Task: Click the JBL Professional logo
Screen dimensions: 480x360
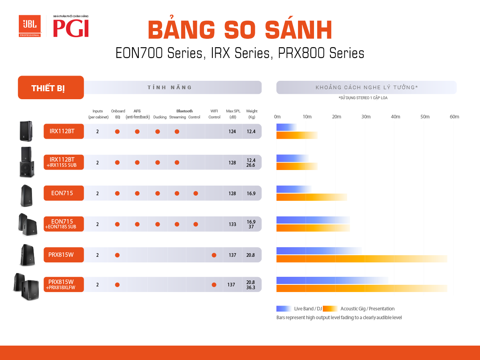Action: (30, 26)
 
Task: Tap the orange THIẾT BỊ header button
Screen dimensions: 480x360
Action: (51, 88)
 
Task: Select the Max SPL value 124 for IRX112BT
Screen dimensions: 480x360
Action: (232, 131)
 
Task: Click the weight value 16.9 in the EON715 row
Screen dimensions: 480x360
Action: (251, 194)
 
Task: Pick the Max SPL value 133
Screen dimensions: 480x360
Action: (232, 224)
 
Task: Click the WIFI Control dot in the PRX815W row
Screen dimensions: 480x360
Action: (214, 255)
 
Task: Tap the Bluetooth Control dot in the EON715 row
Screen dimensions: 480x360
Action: (196, 194)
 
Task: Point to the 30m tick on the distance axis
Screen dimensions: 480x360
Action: (366, 117)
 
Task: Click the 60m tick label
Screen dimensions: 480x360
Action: (454, 117)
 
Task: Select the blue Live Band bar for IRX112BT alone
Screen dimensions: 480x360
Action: (286, 127)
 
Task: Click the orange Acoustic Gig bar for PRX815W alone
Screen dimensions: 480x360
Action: (362, 259)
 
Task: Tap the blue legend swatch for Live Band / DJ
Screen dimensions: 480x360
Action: (284, 309)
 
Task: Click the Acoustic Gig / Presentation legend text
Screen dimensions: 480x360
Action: (367, 309)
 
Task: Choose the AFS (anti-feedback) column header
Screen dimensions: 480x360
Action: (138, 114)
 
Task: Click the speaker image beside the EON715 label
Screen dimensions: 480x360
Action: (26, 196)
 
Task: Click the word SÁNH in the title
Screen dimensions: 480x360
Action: (298, 29)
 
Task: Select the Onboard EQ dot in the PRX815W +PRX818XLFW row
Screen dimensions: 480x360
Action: (117, 284)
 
